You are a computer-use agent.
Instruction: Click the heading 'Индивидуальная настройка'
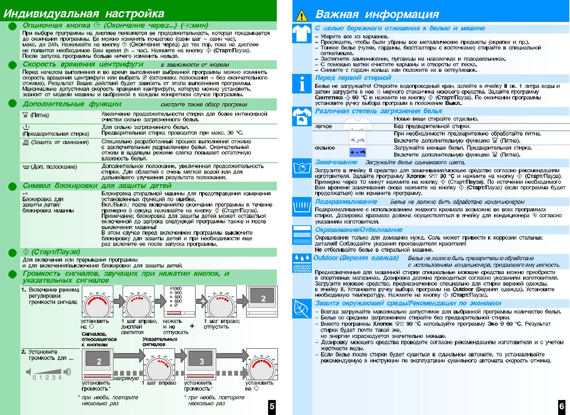point(84,14)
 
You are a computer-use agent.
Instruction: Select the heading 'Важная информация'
point(377,14)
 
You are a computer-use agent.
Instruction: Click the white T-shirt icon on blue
point(302,33)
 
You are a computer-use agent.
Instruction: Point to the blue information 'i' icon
point(302,84)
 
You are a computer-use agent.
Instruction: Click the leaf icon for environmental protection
point(302,308)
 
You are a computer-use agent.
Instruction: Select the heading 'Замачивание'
point(336,162)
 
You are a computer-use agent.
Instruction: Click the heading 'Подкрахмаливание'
point(346,202)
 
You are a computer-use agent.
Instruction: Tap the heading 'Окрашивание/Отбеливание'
point(359,230)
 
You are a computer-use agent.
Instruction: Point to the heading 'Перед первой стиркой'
point(353,78)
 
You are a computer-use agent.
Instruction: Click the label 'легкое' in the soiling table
point(323,126)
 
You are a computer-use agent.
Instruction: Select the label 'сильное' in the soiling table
point(325,148)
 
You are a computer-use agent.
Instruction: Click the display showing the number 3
point(202,361)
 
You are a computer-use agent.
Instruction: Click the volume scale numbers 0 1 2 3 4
point(47,377)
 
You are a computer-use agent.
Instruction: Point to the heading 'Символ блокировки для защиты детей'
point(97,186)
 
